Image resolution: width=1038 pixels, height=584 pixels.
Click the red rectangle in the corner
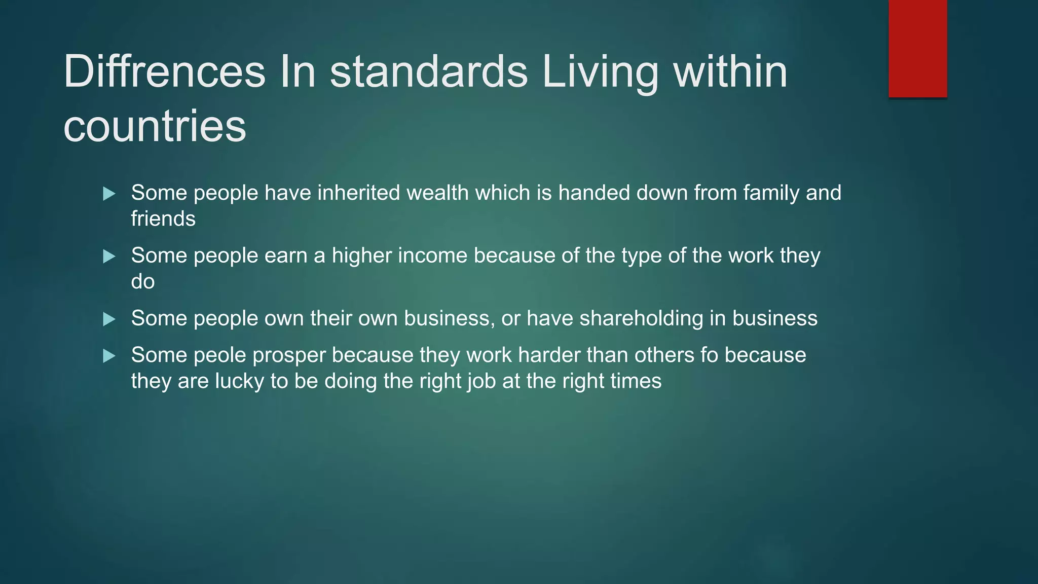(917, 48)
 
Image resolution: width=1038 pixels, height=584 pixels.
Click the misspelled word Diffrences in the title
(164, 71)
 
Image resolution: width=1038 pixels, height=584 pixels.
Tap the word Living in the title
(600, 71)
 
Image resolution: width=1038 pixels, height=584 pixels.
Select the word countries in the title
(155, 126)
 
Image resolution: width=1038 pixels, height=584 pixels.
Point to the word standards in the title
(429, 71)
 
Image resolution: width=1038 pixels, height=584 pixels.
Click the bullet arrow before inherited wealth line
(109, 194)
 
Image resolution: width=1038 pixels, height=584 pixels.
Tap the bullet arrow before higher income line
(109, 257)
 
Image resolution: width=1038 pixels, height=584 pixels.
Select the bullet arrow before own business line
(109, 319)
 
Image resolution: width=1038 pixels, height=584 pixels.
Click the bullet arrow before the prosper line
(109, 356)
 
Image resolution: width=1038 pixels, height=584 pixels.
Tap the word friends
(163, 219)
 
